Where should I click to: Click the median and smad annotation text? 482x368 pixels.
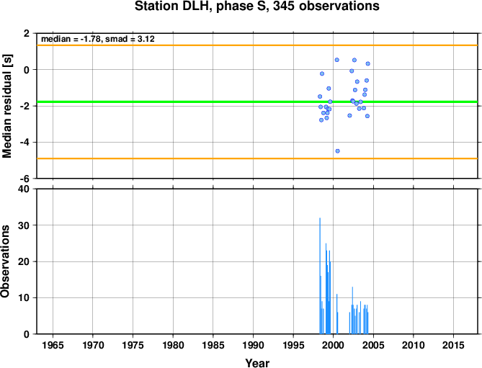(x=98, y=39)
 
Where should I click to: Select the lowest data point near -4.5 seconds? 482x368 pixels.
(x=337, y=151)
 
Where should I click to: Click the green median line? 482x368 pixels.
(x=257, y=102)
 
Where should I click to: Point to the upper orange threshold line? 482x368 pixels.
(x=257, y=45)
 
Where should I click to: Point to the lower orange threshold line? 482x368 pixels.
(x=257, y=158)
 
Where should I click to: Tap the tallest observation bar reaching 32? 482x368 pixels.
(x=320, y=276)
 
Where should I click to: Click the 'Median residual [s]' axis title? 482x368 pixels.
(x=6, y=106)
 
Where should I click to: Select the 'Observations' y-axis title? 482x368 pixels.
(x=5, y=261)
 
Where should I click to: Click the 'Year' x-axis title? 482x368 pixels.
(x=257, y=363)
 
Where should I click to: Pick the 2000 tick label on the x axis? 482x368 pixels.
(x=333, y=345)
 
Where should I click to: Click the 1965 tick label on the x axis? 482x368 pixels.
(x=53, y=345)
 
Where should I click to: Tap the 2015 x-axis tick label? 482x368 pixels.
(x=453, y=345)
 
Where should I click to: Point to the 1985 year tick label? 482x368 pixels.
(x=213, y=345)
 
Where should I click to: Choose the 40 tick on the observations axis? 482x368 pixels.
(x=24, y=189)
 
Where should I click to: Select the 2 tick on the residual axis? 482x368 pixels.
(x=27, y=33)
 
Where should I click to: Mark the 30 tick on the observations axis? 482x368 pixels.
(x=24, y=225)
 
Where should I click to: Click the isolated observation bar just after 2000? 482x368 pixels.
(x=337, y=314)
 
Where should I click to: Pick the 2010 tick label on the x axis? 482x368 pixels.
(x=413, y=345)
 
